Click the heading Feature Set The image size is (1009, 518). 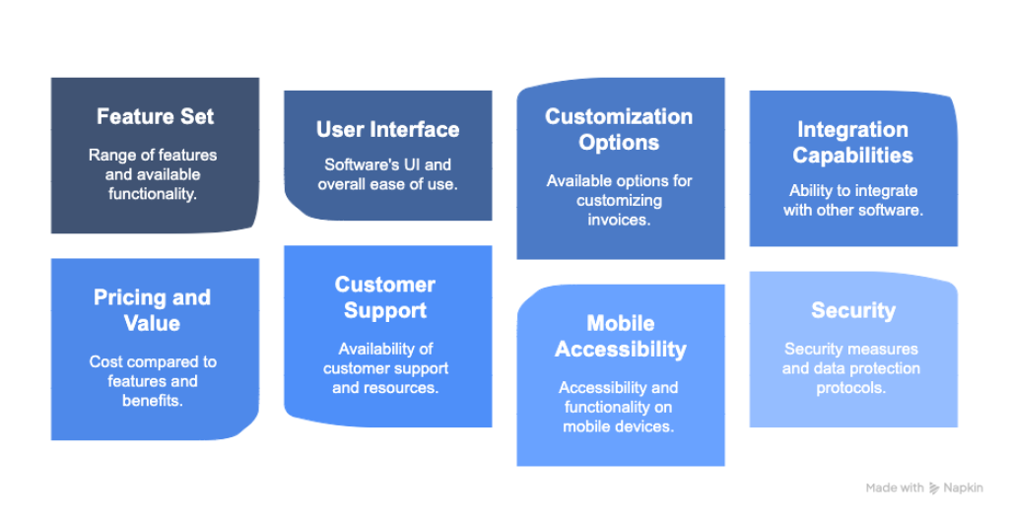pos(155,116)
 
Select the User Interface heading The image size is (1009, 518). pos(387,129)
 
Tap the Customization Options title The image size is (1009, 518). pos(620,129)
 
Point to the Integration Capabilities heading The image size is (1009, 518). pos(852,142)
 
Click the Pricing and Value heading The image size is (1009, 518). pos(153,310)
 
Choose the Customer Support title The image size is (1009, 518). pos(385,297)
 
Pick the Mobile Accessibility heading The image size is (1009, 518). pos(621,336)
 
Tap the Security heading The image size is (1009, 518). pos(853,310)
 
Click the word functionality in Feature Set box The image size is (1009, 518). pos(153,194)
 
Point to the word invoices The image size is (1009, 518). pos(620,220)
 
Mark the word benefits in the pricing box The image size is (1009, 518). pos(153,401)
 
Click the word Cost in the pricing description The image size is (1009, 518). pos(106,361)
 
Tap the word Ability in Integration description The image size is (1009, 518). pos(813,190)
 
